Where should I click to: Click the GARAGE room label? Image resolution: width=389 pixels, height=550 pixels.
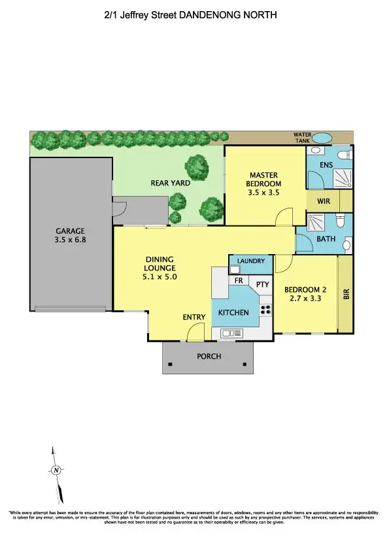tap(70, 231)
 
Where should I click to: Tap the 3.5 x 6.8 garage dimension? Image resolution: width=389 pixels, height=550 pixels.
tap(70, 240)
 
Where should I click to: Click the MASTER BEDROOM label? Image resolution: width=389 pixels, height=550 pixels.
tap(264, 179)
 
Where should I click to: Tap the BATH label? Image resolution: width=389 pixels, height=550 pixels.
tap(326, 239)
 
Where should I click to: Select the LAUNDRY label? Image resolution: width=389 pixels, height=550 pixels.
tap(251, 261)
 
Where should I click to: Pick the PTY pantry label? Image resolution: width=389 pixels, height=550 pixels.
tap(262, 285)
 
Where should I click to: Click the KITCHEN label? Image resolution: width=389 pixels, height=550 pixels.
tap(233, 313)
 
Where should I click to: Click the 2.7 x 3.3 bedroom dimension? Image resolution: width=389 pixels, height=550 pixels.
tap(304, 299)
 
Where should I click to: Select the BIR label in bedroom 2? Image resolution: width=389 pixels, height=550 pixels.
tap(346, 294)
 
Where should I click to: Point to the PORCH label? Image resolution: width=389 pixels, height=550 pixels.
tap(208, 357)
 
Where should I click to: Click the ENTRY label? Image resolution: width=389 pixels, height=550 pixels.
tap(194, 317)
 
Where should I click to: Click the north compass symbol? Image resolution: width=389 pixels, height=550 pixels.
tap(56, 470)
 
